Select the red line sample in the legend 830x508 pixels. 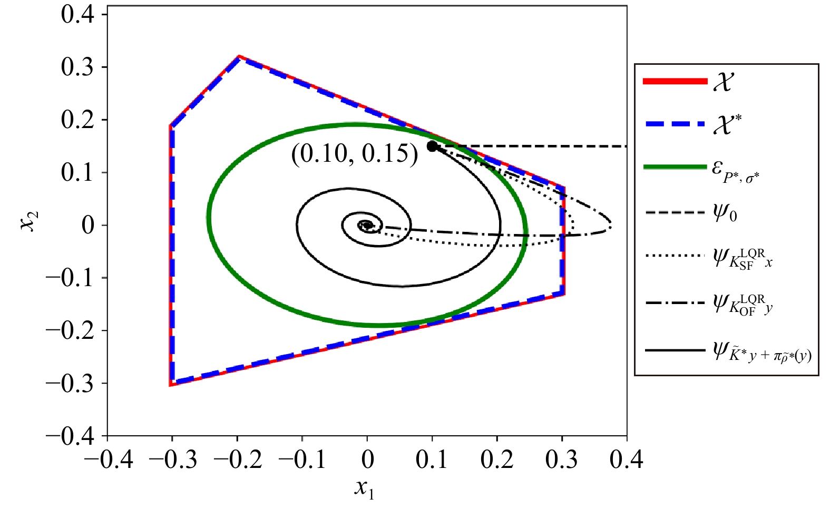click(675, 81)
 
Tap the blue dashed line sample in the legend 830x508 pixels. click(675, 124)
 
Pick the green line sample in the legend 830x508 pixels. click(675, 167)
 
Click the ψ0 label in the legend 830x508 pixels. click(725, 213)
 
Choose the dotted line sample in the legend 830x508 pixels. click(675, 256)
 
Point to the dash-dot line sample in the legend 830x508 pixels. click(675, 303)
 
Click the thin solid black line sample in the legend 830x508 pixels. click(675, 350)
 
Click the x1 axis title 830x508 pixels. click(364, 488)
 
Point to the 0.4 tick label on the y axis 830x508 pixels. click(77, 14)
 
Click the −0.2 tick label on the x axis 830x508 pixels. click(238, 460)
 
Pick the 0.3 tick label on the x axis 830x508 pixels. click(562, 460)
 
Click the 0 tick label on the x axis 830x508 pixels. click(367, 460)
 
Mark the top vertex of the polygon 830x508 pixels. click(239, 56)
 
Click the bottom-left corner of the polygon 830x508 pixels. click(170, 385)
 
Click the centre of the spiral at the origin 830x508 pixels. click(367, 225)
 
